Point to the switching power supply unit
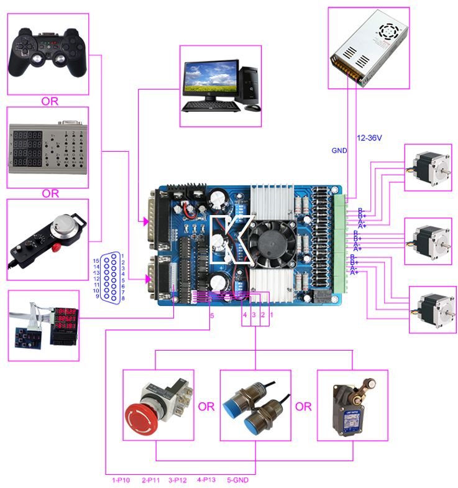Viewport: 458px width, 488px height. click(x=369, y=48)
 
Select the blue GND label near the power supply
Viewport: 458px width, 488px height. click(x=339, y=150)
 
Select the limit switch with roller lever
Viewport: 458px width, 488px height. click(x=352, y=407)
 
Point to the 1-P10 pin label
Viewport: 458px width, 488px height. click(x=121, y=479)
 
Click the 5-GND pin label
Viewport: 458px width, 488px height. click(x=239, y=479)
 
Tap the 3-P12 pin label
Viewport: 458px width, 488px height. click(x=178, y=479)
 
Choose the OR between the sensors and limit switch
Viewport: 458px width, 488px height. click(x=303, y=407)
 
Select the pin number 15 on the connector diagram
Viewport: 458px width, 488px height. click(x=96, y=260)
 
